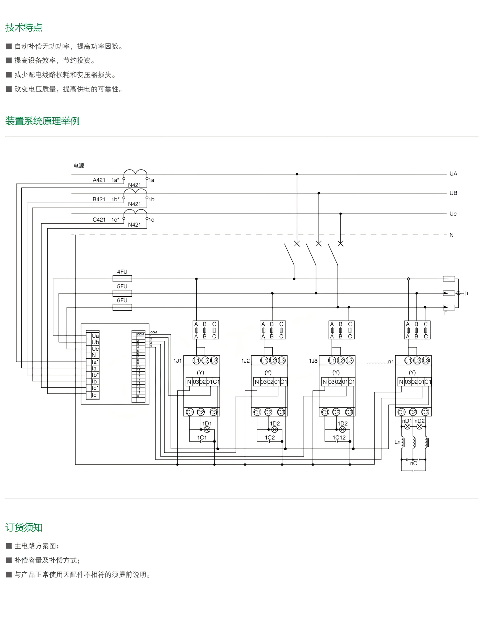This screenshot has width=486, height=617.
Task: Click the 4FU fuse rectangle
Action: tap(123, 279)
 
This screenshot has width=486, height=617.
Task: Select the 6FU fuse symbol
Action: tap(123, 307)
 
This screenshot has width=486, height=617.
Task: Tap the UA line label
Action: tap(453, 174)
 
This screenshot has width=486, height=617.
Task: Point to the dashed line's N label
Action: tap(452, 235)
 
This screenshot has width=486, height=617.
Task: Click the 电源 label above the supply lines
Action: tap(79, 166)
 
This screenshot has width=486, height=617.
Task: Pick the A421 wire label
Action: tap(99, 180)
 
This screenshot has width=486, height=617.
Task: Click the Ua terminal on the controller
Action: tap(95, 336)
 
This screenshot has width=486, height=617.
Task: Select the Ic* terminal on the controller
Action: tap(95, 388)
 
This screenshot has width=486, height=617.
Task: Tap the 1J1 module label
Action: tap(178, 361)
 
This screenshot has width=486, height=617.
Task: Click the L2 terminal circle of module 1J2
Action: tap(273, 361)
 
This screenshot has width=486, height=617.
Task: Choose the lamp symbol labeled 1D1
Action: tap(207, 430)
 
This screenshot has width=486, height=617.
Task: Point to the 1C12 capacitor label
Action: tap(339, 438)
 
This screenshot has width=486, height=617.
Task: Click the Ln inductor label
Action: tap(397, 442)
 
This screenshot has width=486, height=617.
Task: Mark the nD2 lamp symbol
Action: tap(420, 427)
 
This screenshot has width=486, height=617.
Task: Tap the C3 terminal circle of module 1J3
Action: tap(349, 412)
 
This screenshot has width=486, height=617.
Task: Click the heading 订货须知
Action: tap(24, 528)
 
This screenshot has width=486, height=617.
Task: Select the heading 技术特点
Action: tap(24, 27)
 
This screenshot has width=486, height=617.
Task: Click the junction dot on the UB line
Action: tap(319, 193)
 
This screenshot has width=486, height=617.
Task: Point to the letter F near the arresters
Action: tap(446, 313)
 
